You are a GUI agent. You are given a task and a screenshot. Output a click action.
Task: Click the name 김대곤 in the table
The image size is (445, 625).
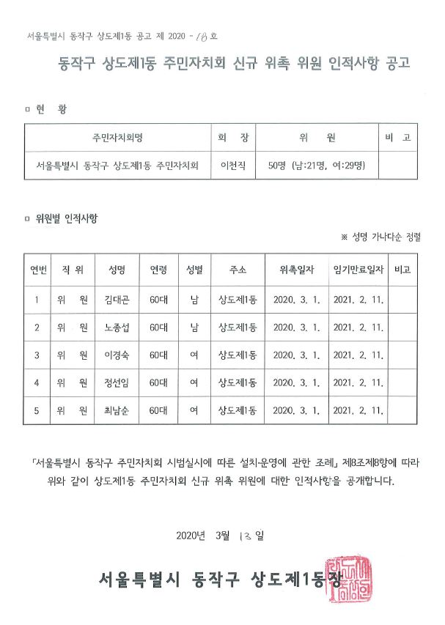pyautogui.click(x=116, y=299)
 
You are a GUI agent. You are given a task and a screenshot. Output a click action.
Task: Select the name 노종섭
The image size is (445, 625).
pyautogui.click(x=116, y=327)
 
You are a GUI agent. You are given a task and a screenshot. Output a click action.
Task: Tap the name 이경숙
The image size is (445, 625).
pyautogui.click(x=116, y=355)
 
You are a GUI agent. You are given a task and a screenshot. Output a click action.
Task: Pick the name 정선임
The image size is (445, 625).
pyautogui.click(x=116, y=382)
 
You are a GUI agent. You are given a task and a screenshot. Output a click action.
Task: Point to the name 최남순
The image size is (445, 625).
pyautogui.click(x=116, y=410)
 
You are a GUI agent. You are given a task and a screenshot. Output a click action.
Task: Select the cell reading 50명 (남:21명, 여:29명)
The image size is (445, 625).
pyautogui.click(x=312, y=165)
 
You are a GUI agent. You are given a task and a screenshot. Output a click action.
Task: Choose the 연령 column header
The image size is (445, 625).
pyautogui.click(x=159, y=270)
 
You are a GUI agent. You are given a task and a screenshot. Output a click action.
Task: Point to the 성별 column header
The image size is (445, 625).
pyautogui.click(x=194, y=270)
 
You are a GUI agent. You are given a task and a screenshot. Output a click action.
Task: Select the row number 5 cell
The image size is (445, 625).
pyautogui.click(x=37, y=410)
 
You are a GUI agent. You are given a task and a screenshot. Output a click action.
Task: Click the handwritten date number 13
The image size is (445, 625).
pyautogui.click(x=246, y=536)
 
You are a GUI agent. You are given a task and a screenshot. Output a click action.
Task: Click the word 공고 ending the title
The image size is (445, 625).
pyautogui.click(x=399, y=64)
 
